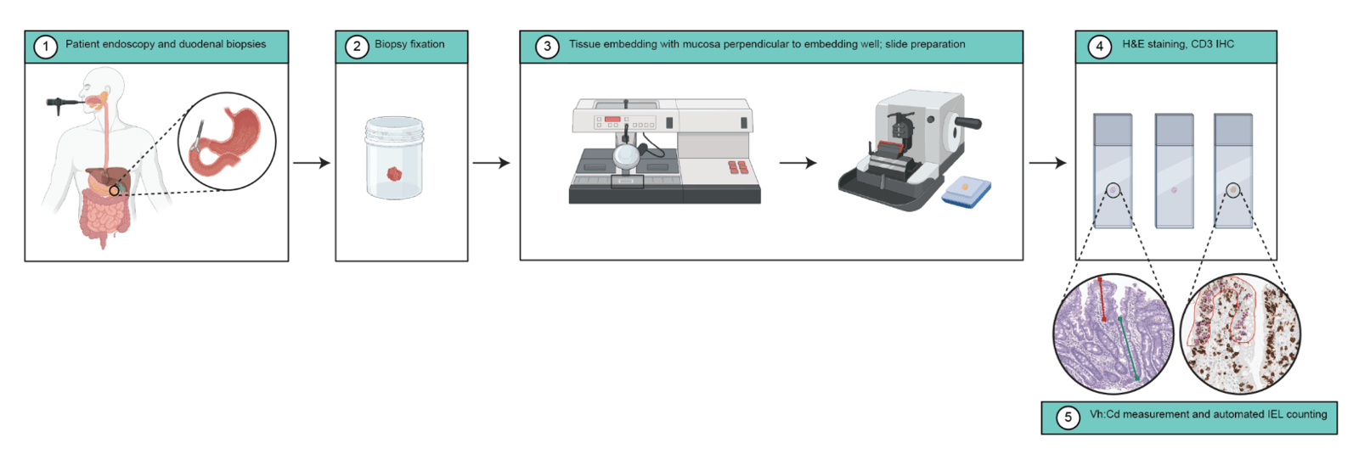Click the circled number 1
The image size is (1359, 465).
pos(46,47)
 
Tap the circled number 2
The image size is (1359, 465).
pos(357,47)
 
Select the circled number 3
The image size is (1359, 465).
pos(547,47)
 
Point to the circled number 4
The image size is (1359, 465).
pos(1099,47)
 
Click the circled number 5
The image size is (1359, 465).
pos(1068,417)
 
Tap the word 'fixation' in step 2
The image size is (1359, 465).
pos(427,43)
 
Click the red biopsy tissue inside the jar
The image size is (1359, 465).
pos(394,174)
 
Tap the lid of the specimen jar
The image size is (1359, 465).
pos(394,126)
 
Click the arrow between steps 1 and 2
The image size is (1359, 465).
pos(311,162)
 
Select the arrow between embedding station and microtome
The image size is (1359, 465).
pos(798,162)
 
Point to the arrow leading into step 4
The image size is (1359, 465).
pos(1048,162)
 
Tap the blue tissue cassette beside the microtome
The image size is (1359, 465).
pos(966,191)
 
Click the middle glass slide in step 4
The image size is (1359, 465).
pos(1174,171)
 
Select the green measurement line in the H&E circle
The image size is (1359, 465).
pos(1129,348)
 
